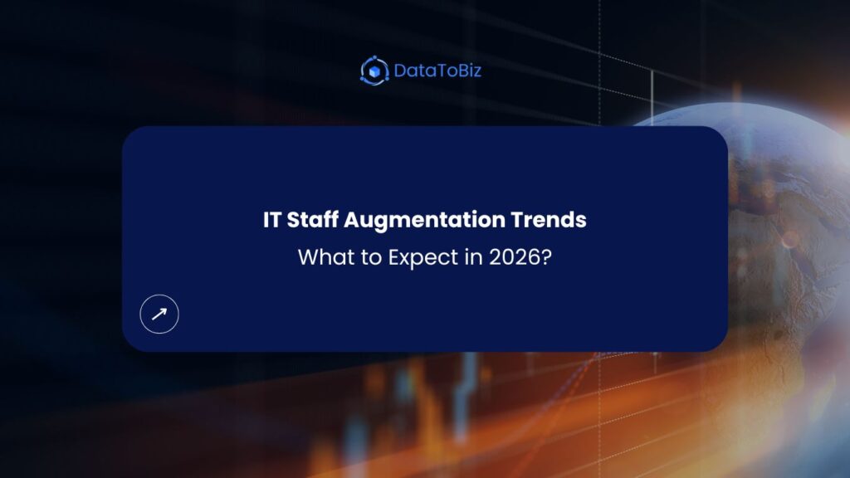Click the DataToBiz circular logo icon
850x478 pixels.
(374, 71)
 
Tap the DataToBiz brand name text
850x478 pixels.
(437, 71)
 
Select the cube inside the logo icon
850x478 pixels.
(374, 71)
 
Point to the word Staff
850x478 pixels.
(312, 221)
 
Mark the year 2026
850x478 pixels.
(509, 257)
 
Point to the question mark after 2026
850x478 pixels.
(545, 257)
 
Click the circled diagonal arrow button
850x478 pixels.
(159, 314)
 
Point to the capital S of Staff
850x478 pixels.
(291, 221)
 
